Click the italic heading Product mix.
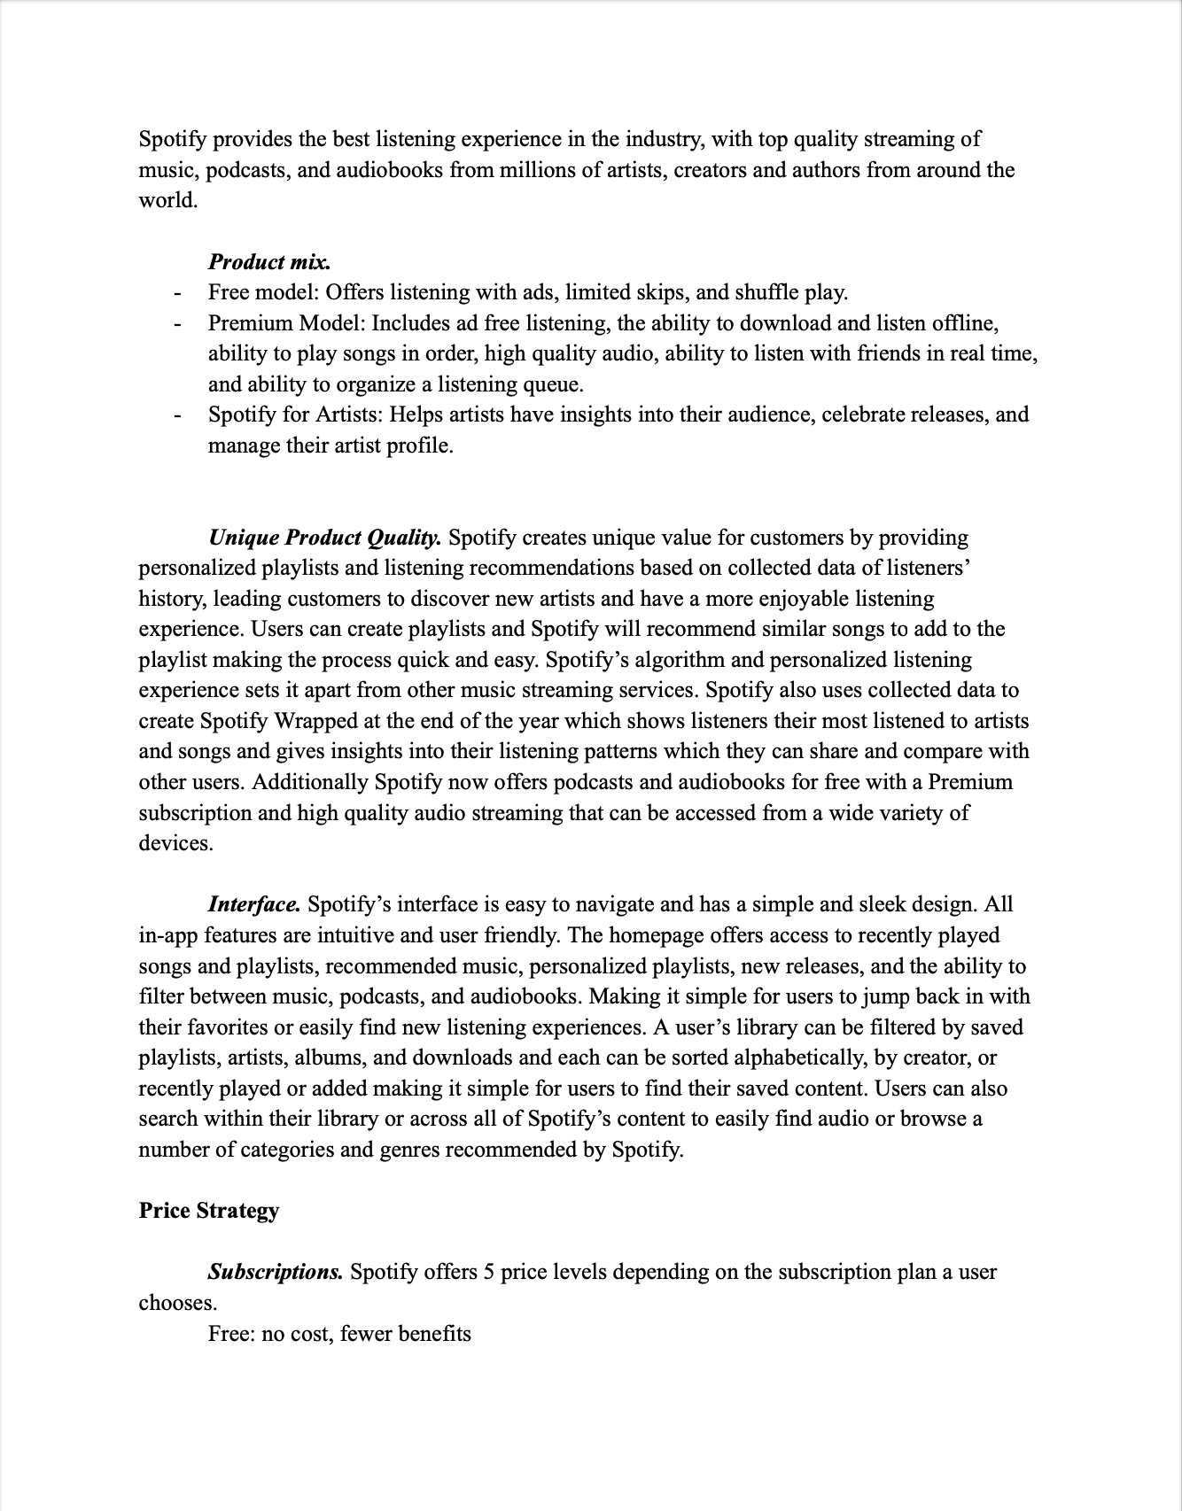coord(269,262)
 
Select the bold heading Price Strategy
coord(208,1211)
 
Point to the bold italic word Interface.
coord(254,904)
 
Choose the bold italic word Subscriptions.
coord(275,1273)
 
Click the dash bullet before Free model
coord(177,293)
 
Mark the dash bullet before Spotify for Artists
coord(177,415)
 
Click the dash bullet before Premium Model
coord(177,324)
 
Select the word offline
coord(963,323)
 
